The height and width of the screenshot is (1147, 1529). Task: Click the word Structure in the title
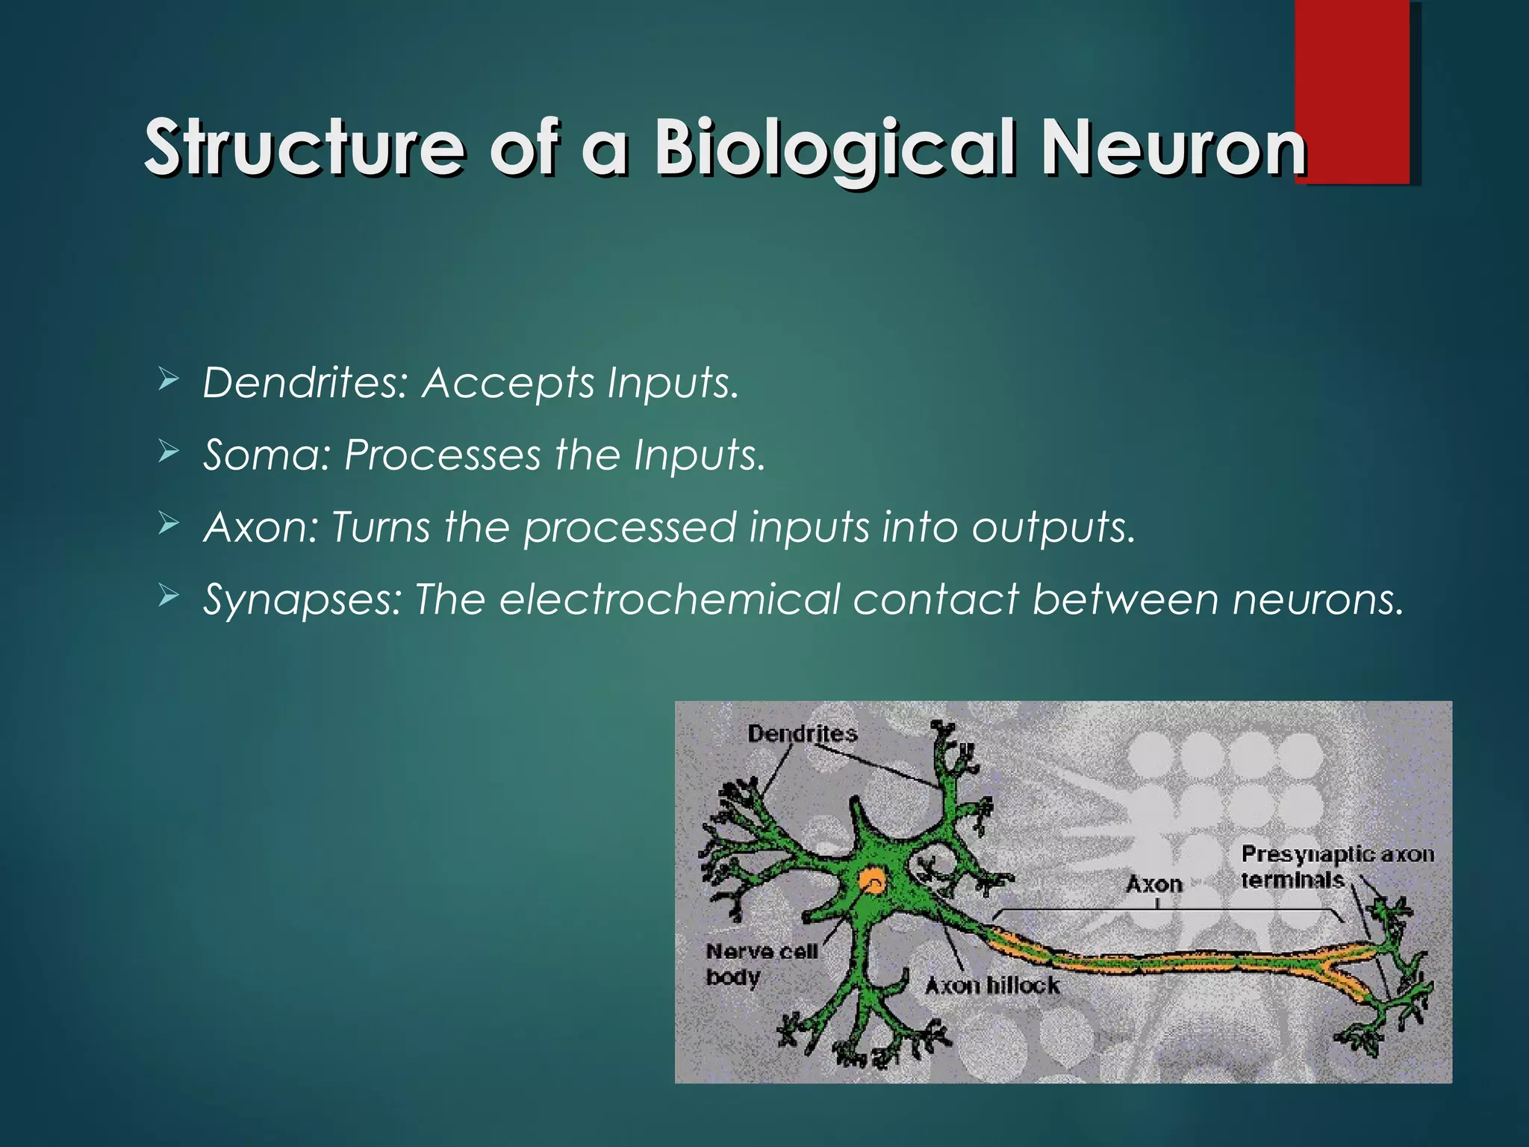tap(305, 147)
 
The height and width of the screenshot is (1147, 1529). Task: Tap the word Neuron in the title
tap(1173, 147)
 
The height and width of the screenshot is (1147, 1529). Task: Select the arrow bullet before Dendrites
tap(169, 382)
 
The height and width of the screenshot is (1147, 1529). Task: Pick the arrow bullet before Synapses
tap(169, 597)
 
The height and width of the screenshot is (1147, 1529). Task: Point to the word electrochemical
tap(670, 599)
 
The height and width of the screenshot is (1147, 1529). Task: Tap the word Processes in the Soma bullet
tap(442, 455)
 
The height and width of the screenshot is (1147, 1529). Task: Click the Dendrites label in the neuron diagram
tap(803, 733)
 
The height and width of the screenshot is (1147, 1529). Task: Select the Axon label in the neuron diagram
tap(1154, 884)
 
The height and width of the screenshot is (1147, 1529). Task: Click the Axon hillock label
tap(992, 986)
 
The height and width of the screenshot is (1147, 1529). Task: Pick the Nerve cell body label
tap(761, 963)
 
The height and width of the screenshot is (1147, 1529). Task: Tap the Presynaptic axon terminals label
tap(1336, 866)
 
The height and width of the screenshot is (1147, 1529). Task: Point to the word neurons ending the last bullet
tap(1318, 599)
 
